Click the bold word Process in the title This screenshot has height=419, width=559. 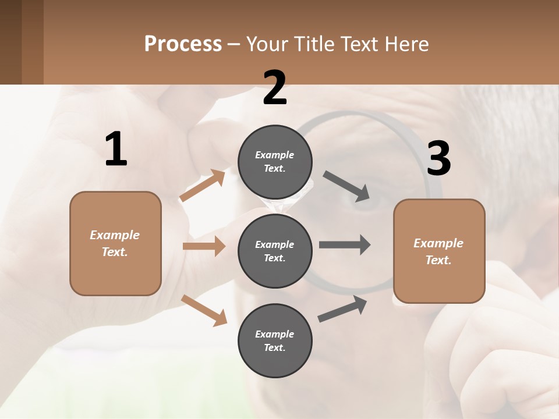183,44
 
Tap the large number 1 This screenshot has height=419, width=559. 116,149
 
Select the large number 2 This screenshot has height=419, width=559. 275,87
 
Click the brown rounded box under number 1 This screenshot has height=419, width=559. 115,243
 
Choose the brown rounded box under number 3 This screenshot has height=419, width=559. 439,251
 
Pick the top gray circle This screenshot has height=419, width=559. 275,162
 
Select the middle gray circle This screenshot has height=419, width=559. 275,251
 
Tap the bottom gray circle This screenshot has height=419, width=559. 275,340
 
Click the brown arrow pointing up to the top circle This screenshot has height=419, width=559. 202,186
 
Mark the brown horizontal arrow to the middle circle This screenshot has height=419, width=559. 204,246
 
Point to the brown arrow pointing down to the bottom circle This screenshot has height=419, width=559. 204,310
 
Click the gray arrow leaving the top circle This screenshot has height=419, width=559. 346,186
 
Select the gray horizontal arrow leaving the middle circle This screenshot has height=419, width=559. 345,244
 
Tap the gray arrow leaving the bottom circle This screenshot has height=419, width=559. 342,309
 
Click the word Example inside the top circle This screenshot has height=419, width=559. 275,155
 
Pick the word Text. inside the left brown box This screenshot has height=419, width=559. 115,252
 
